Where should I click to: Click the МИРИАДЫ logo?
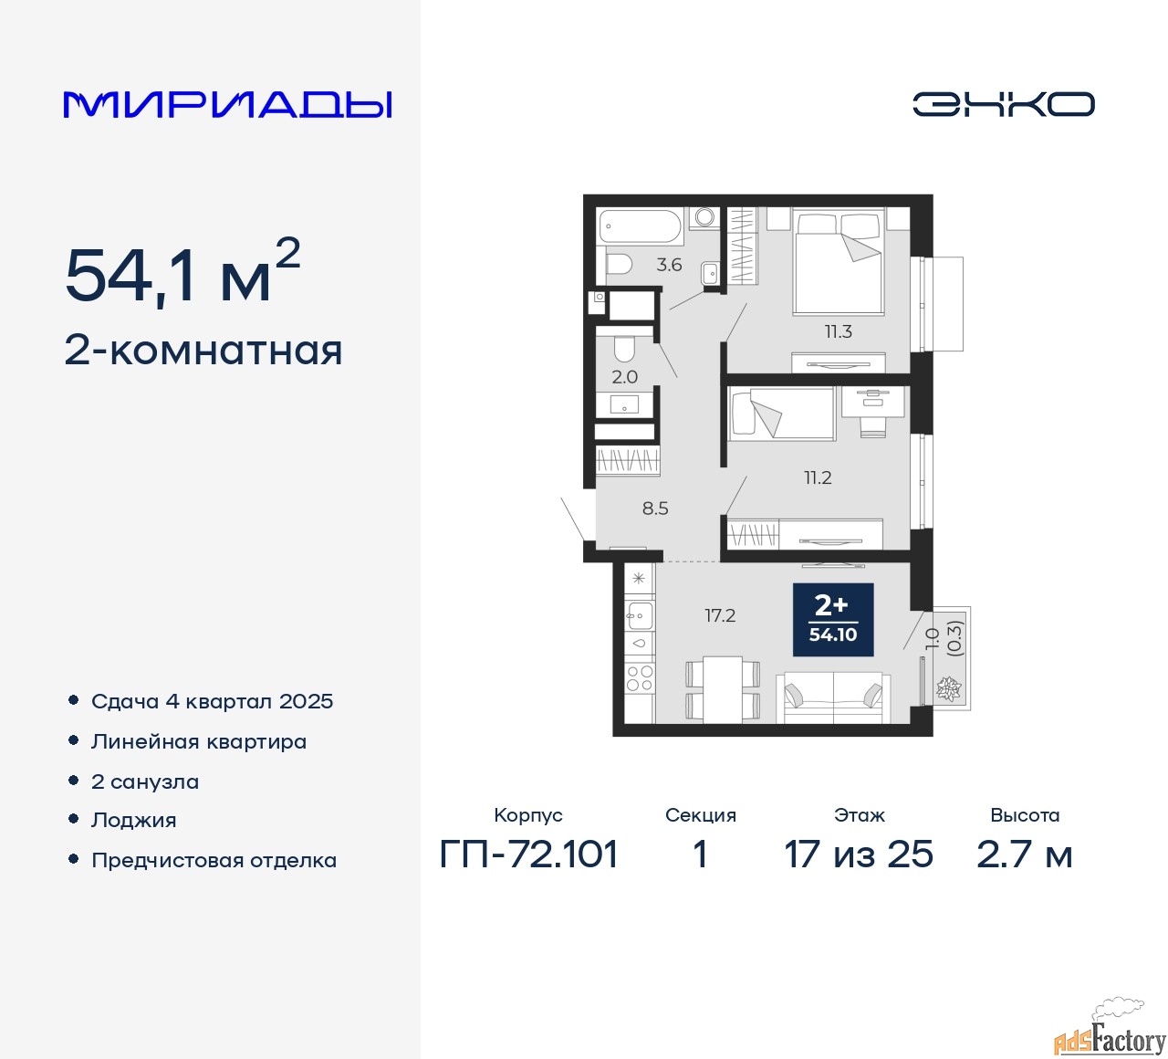pos(227,105)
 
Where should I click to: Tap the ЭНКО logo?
pos(1003,104)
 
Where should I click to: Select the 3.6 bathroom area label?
pos(669,265)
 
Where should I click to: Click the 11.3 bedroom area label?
pos(838,332)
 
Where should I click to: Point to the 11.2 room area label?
pos(818,478)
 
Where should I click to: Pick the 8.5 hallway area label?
pos(655,509)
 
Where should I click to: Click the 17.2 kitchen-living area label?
pos(720,615)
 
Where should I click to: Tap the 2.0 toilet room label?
pos(624,377)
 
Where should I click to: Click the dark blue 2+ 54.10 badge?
pos(832,620)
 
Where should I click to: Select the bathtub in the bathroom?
pos(641,227)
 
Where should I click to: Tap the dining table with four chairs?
pos(723,689)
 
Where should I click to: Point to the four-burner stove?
pos(639,678)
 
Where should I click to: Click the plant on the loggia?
pos(948,688)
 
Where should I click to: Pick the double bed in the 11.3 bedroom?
pos(839,263)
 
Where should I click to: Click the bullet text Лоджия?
pos(133,821)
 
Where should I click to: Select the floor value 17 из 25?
pos(859,855)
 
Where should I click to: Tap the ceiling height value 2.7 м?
pos(1024,855)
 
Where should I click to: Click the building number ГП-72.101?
pos(528,855)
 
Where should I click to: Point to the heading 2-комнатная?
pos(203,351)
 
